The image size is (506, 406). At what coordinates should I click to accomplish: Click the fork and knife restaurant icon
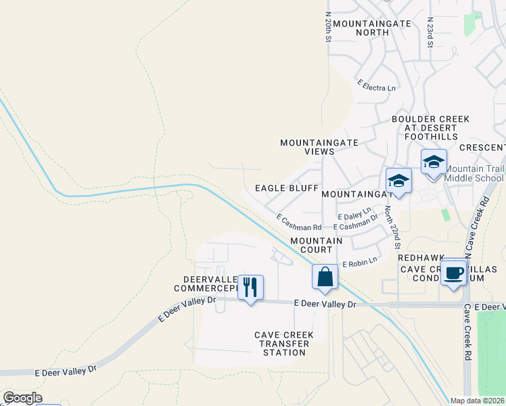pyautogui.click(x=250, y=288)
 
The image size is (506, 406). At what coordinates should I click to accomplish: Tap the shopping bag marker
pyautogui.click(x=325, y=277)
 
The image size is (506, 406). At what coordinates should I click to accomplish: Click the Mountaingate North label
pyautogui.click(x=372, y=28)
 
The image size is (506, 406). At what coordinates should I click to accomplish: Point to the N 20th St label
pyautogui.click(x=327, y=27)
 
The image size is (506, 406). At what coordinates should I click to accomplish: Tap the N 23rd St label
pyautogui.click(x=430, y=32)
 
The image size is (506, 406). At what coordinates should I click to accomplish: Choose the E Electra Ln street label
pyautogui.click(x=377, y=87)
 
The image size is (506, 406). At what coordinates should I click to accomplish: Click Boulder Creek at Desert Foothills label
pyautogui.click(x=430, y=128)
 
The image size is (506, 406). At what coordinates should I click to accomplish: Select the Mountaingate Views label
pyautogui.click(x=308, y=148)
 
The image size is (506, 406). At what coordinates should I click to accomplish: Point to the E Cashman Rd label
pyautogui.click(x=298, y=223)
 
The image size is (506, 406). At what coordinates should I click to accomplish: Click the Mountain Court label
pyautogui.click(x=316, y=245)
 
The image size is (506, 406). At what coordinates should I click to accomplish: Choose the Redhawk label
pyautogui.click(x=419, y=258)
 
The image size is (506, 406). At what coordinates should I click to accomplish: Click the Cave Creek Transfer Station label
pyautogui.click(x=281, y=344)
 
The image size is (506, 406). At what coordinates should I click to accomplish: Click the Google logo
pyautogui.click(x=22, y=398)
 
